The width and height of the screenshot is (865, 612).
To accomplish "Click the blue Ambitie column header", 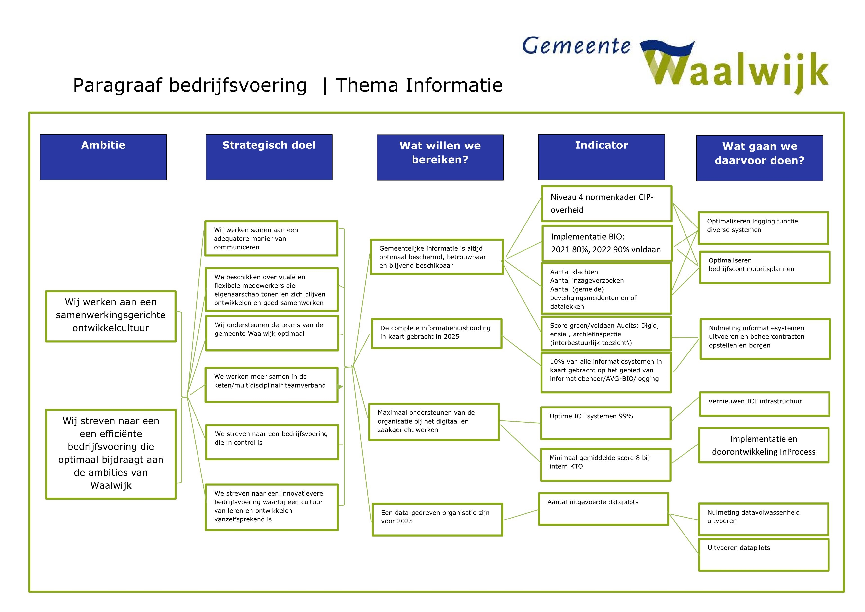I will point(103,157).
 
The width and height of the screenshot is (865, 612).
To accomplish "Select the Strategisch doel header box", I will point(269,157).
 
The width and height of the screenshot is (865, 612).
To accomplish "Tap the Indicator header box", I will point(601,157).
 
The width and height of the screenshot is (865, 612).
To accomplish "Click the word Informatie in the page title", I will point(454,85).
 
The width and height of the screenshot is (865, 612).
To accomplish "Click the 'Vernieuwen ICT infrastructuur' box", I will point(764,404).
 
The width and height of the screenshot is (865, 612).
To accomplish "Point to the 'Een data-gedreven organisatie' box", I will point(437,519).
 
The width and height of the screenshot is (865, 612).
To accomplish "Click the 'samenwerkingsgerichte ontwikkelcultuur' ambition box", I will point(111,316).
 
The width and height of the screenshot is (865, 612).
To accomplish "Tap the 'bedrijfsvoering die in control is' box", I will point(272,442).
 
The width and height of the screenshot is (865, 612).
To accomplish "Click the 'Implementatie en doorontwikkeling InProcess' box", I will point(764,445).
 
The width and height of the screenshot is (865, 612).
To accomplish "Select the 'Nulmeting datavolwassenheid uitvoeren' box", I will point(763,519).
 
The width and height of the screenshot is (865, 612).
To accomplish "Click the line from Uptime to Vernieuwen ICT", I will point(685,409).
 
